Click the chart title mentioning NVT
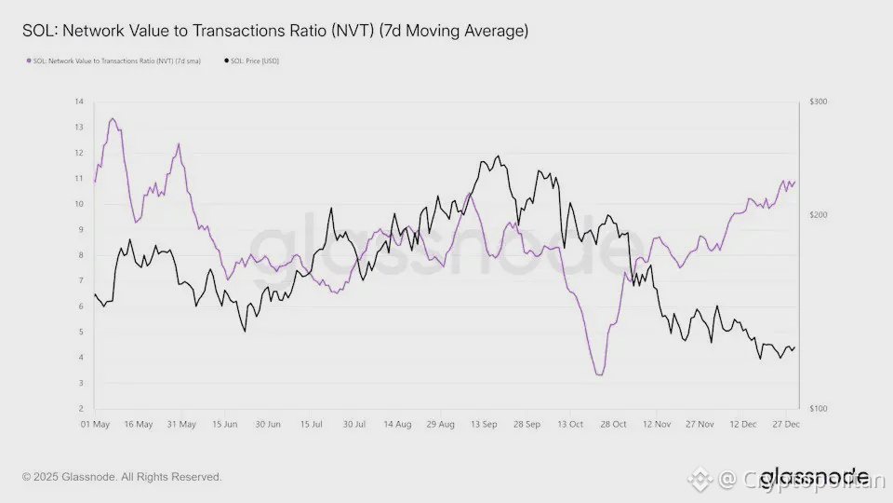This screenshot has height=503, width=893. click(275, 31)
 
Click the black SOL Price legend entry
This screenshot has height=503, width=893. click(252, 61)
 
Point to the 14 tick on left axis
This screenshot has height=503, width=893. click(79, 101)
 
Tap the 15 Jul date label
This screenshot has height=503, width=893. click(311, 424)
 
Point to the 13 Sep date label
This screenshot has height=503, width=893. click(484, 424)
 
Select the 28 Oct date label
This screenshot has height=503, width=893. click(613, 424)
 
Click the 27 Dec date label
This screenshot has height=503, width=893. click(787, 424)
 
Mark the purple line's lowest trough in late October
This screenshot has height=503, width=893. click(600, 375)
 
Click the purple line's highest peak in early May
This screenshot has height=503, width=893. click(113, 118)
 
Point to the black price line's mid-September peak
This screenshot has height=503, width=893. click(499, 156)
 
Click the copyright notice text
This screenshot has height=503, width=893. click(122, 477)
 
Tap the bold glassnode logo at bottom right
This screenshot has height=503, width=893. click(814, 475)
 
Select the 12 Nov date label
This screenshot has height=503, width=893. click(656, 424)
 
